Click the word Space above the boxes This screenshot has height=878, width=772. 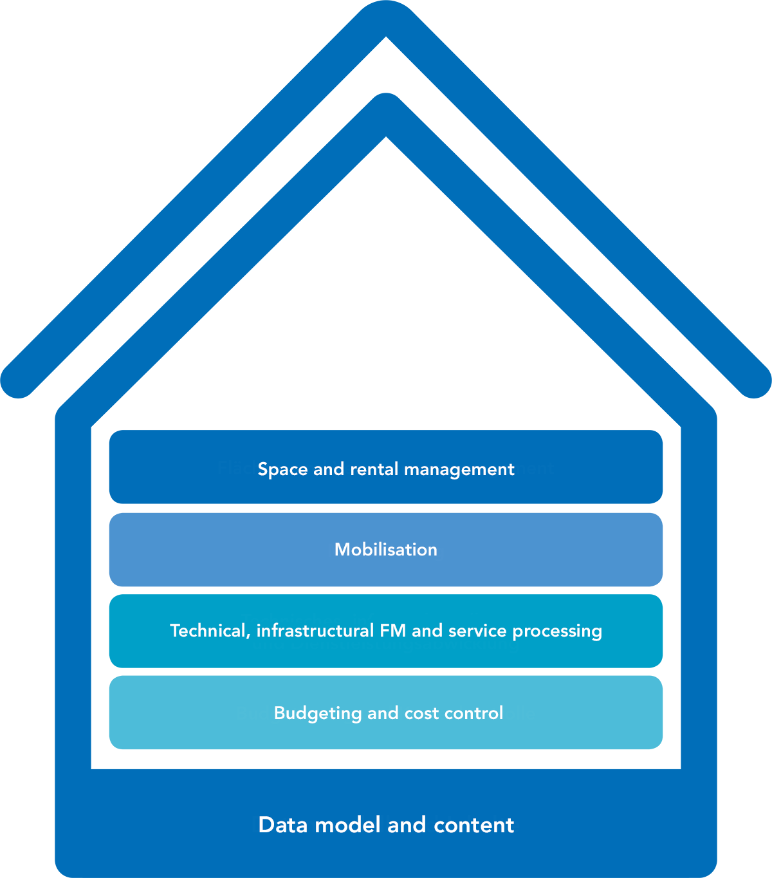coord(282,469)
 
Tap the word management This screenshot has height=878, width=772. coord(459,469)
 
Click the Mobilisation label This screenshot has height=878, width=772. coord(386,549)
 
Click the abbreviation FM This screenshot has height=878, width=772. coord(393,630)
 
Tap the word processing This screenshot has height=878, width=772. coord(557,631)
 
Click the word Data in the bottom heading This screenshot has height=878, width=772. coord(284,825)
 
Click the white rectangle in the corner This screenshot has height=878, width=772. coord(741,115)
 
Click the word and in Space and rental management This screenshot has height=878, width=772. coord(329,469)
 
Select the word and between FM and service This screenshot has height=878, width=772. coord(427,630)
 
